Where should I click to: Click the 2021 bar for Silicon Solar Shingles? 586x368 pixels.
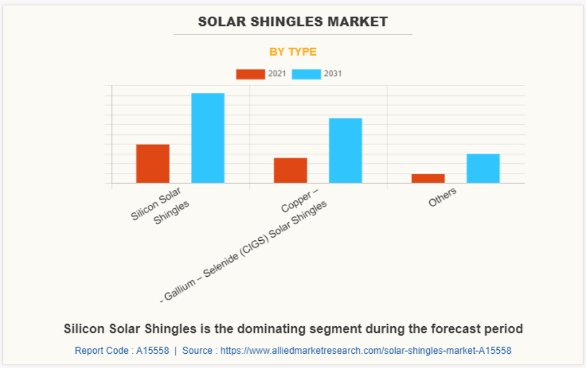(153, 163)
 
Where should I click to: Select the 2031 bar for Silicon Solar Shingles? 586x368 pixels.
(208, 138)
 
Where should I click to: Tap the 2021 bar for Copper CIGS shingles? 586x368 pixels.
(290, 170)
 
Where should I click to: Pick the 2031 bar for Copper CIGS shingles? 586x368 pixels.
(345, 150)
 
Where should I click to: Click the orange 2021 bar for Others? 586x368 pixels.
(428, 178)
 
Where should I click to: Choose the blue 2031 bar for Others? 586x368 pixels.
(483, 168)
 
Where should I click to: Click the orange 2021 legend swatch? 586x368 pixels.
(251, 74)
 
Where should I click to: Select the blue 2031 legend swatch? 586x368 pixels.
(307, 74)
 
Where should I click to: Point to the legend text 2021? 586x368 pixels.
(277, 74)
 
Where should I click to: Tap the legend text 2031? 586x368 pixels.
(332, 74)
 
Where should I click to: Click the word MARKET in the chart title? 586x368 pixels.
(358, 22)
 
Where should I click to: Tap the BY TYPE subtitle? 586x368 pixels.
(293, 52)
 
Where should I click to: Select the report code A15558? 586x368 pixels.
(153, 350)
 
